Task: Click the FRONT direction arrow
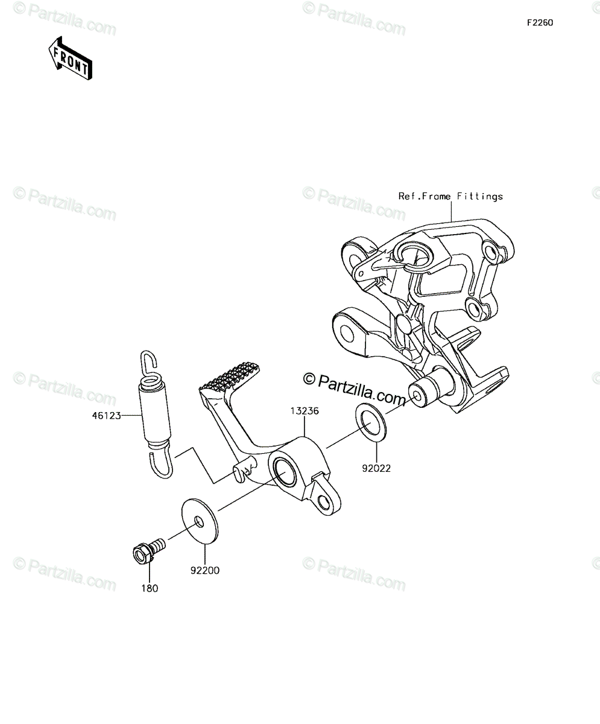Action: click(x=71, y=59)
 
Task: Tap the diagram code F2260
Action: click(x=540, y=23)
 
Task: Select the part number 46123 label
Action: click(x=106, y=416)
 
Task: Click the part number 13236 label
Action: click(x=305, y=411)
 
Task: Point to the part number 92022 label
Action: click(x=376, y=468)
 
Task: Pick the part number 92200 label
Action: click(x=205, y=570)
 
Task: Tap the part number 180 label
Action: click(x=150, y=588)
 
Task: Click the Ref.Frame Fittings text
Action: click(x=450, y=197)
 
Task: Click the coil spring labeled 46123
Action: click(x=156, y=414)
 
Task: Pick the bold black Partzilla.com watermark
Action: click(x=354, y=389)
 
